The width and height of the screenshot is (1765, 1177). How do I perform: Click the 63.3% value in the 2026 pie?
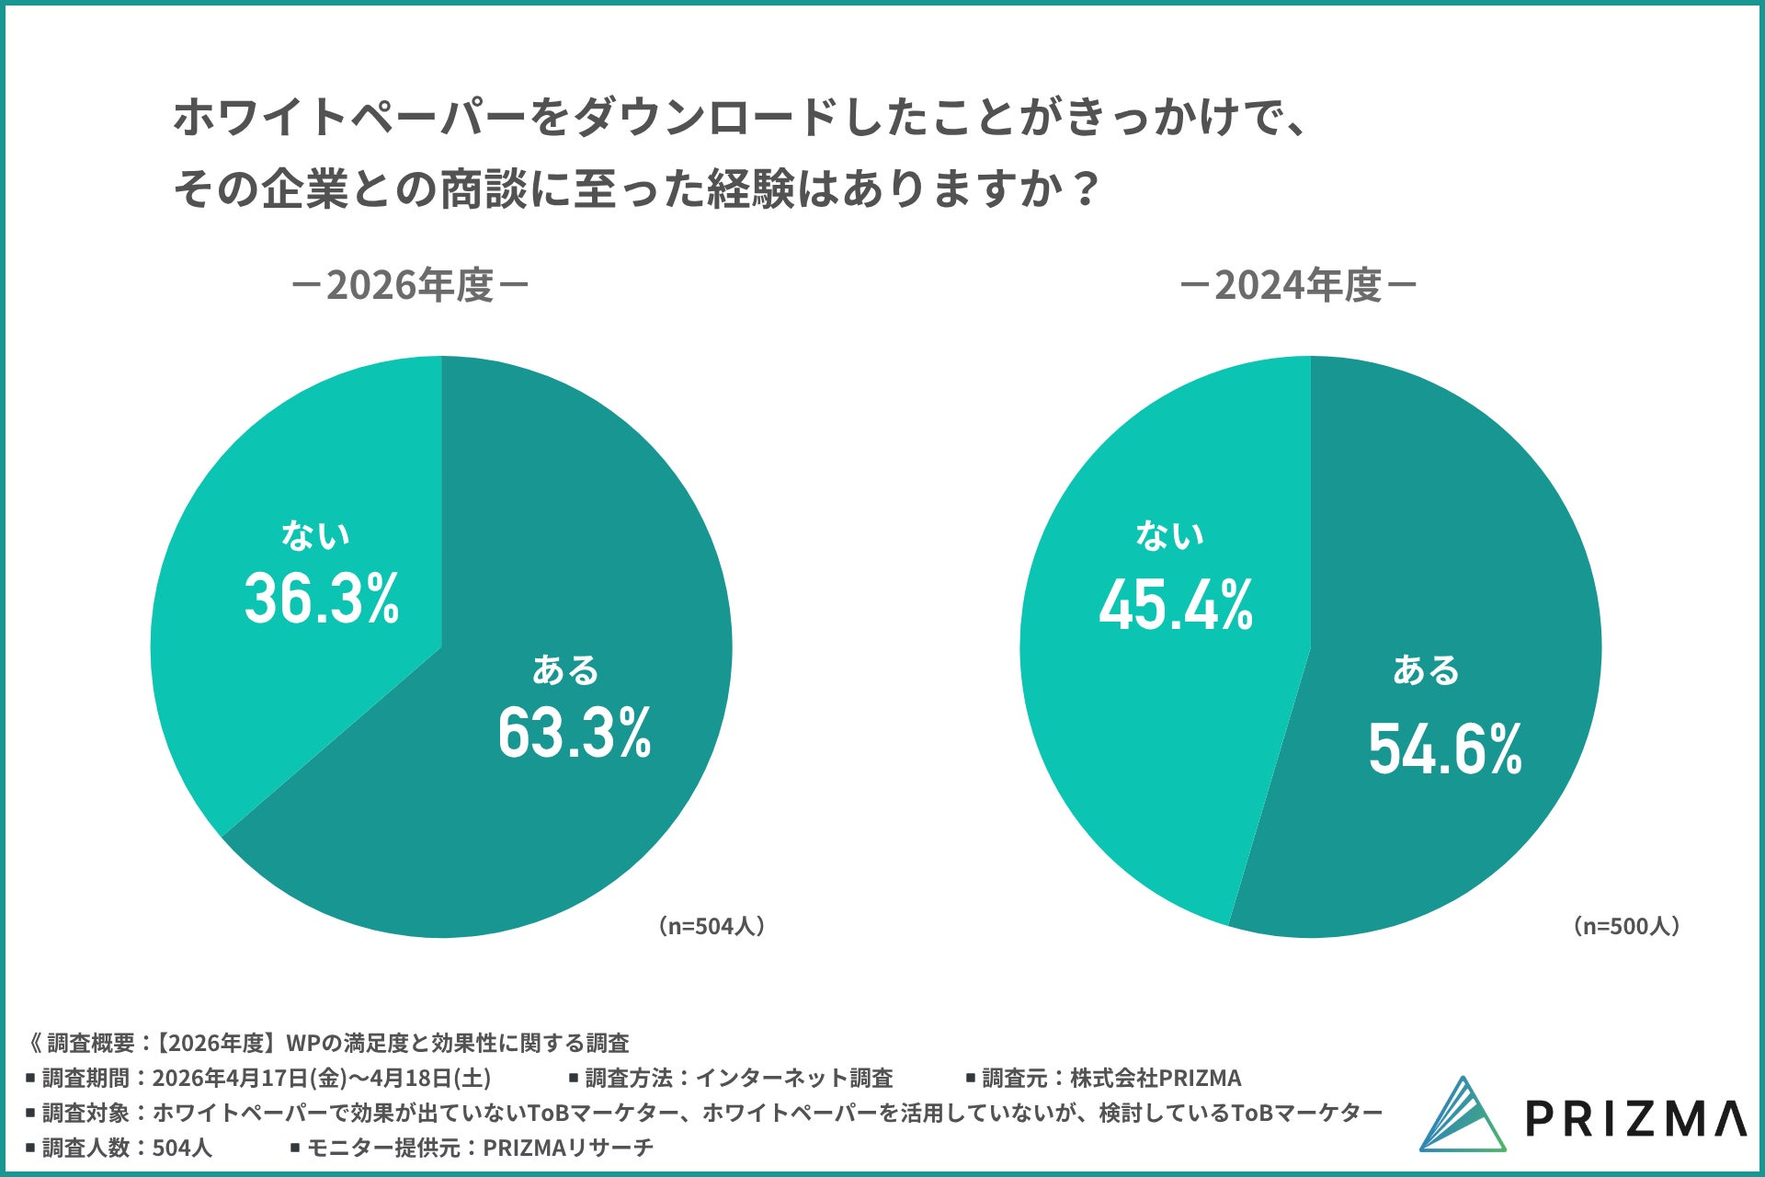[575, 733]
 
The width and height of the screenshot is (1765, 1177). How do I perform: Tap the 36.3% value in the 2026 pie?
[322, 599]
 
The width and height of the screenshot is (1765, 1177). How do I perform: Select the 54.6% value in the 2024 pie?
[1445, 748]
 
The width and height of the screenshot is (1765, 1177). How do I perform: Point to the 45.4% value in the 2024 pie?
[1176, 604]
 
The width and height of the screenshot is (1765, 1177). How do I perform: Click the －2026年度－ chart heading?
[410, 285]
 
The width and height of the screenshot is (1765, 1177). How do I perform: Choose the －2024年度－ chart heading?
[1298, 285]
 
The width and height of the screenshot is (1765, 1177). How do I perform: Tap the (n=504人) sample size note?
[712, 926]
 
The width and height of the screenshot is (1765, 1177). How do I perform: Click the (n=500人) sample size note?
[1627, 926]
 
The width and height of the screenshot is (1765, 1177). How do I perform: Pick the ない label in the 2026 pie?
[315, 534]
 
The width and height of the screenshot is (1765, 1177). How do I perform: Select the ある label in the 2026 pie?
[565, 669]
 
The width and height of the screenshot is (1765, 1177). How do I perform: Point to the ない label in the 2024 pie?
[1170, 534]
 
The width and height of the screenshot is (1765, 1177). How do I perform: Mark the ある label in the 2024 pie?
[1426, 669]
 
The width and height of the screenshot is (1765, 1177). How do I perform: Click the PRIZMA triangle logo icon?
[1463, 1114]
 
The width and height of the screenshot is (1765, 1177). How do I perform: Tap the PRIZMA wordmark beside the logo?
[1636, 1118]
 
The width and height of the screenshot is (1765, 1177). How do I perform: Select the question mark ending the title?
[1085, 189]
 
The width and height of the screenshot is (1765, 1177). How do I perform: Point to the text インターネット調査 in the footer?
[794, 1078]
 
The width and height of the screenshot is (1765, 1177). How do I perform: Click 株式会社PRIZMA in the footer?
[1156, 1078]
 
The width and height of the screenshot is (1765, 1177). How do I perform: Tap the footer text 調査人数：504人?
[127, 1148]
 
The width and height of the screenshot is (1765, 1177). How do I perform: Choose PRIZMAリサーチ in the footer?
[568, 1148]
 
